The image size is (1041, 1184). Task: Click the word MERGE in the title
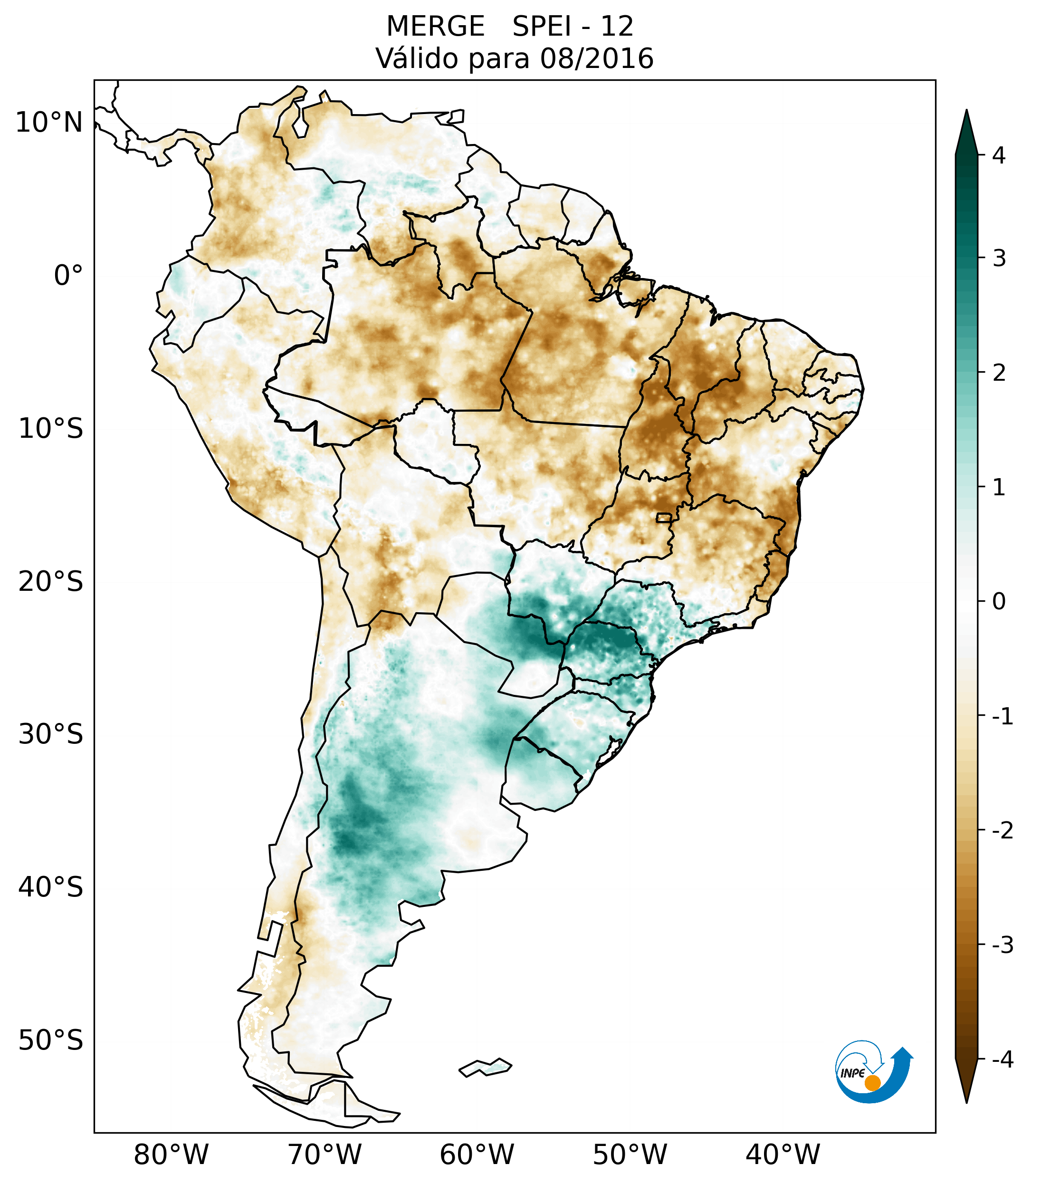435,27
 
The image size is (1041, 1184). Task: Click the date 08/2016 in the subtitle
596,58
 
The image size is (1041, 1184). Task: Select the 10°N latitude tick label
49,123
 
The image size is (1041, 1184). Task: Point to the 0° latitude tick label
68,276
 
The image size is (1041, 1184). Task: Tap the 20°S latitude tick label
51,582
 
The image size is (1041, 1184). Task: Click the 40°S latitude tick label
51,887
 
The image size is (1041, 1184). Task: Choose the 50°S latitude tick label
51,1040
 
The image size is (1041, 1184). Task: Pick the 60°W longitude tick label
477,1155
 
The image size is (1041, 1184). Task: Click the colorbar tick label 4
999,155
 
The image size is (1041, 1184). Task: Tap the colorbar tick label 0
999,602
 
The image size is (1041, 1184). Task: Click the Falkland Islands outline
485,1067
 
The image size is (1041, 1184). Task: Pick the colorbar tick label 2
999,373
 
